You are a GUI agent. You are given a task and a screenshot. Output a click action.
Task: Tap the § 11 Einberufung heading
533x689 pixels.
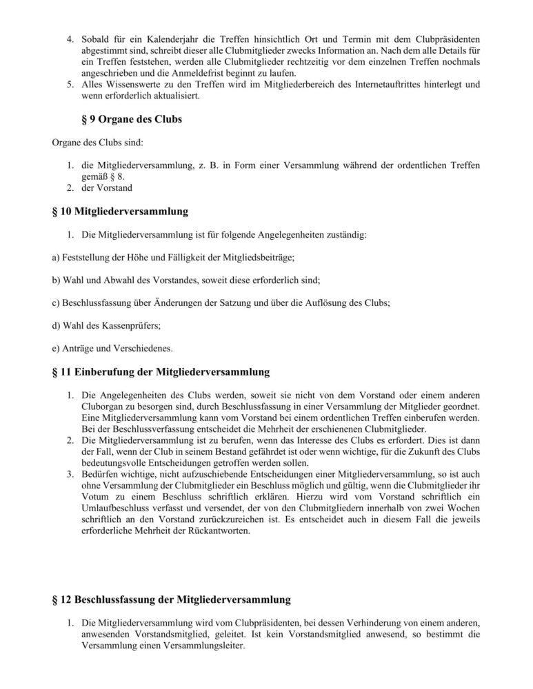[x=161, y=372]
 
